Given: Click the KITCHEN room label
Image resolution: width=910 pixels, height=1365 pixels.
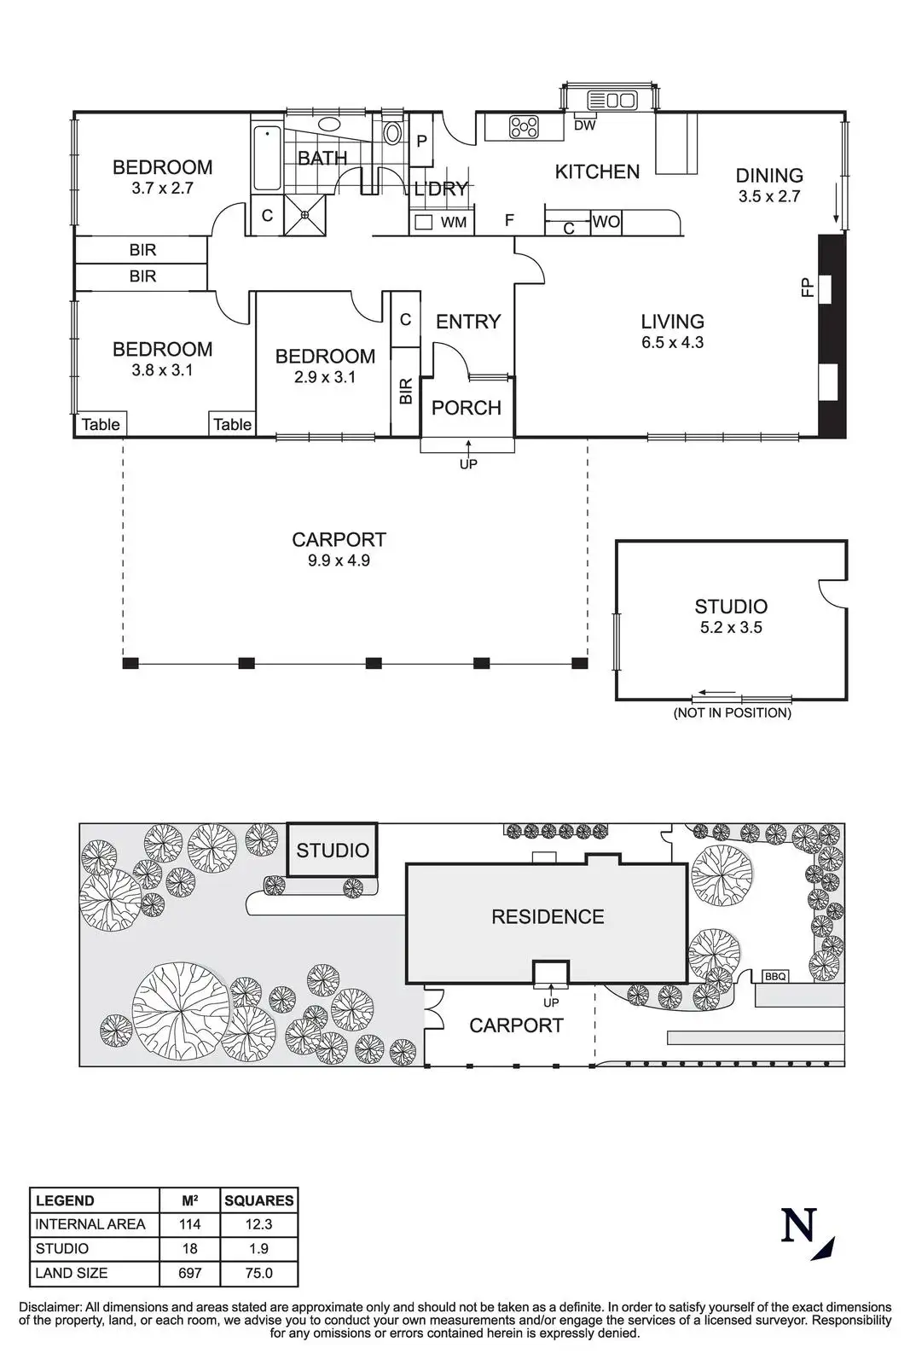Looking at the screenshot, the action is (597, 172).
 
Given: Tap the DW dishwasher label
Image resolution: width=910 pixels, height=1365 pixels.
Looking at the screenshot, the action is (585, 125).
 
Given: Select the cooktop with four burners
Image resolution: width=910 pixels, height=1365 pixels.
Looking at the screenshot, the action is (524, 127).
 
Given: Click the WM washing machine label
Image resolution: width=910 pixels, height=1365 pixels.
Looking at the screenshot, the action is (454, 223).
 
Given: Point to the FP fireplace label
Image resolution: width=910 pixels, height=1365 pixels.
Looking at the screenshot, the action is (808, 288).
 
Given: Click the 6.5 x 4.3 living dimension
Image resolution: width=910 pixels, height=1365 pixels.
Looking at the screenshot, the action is (672, 342).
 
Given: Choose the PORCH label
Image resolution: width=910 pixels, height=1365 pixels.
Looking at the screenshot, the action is (466, 408).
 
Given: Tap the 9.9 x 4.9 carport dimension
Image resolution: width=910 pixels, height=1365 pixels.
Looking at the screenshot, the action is (339, 561).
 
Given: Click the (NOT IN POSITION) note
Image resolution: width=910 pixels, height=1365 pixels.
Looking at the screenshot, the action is (732, 712).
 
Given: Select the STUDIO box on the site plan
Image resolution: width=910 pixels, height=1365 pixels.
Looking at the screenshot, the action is (332, 850).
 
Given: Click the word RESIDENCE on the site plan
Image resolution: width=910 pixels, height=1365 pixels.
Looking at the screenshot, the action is (548, 916).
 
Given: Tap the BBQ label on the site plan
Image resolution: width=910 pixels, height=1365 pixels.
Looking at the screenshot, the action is (775, 976).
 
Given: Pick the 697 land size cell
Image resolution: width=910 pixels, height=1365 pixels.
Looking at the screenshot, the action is (189, 1272).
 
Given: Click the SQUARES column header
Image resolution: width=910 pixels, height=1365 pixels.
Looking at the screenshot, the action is (259, 1200).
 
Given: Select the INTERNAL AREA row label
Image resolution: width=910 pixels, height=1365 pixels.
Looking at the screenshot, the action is (90, 1224).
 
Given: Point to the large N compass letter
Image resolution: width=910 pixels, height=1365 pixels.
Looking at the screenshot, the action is (798, 1225).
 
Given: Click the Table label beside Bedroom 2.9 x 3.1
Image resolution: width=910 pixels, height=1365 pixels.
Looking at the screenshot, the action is (233, 425).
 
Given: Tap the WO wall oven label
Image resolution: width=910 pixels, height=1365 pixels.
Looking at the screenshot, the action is (606, 222).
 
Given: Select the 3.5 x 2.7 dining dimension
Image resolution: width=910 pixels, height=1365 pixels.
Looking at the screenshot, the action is (768, 196).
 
